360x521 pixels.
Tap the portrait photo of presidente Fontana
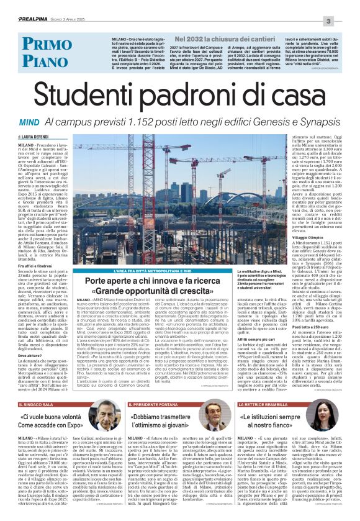(214, 412)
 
